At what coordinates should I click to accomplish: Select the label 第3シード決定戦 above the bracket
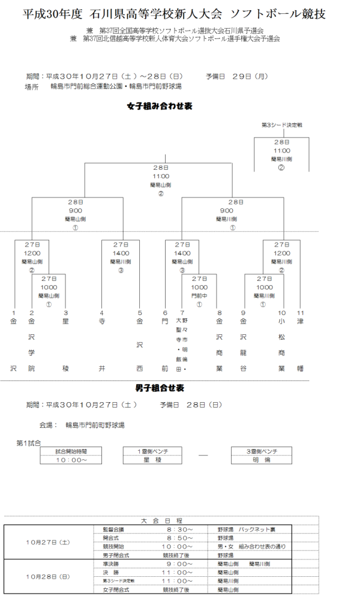282,125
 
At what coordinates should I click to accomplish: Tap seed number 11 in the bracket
301,313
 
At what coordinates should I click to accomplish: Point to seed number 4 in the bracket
102,313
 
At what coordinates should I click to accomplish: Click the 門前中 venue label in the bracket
199,296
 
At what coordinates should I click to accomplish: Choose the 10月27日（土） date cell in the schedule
48,542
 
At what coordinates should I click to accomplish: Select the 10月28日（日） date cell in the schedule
48,577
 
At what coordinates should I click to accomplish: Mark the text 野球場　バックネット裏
247,529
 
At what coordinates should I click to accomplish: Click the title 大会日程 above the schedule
162,520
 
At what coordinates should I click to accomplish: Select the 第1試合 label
28,443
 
